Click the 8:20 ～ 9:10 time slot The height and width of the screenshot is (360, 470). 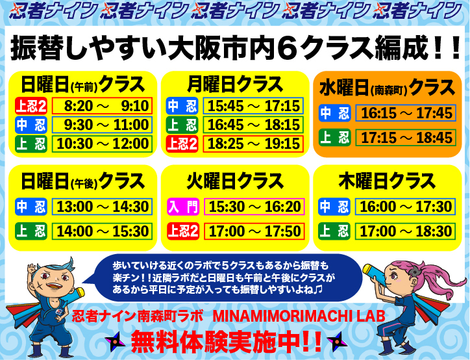[102, 106]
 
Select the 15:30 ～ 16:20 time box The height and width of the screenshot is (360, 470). [254, 207]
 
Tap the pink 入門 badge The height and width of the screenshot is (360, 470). [183, 207]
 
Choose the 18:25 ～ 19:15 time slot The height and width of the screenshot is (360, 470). [253, 144]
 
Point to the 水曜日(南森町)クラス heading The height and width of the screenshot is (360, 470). [387, 88]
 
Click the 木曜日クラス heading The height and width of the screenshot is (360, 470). [387, 181]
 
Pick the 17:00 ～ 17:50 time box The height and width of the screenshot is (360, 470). [254, 231]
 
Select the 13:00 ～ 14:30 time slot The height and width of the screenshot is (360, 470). [102, 207]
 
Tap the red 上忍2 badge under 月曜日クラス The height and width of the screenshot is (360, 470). [182, 144]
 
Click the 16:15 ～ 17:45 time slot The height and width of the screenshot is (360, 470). [406, 113]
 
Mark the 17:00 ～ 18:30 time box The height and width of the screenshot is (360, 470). [405, 231]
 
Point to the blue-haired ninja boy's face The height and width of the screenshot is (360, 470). [54, 281]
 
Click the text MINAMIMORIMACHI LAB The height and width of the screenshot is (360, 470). [299, 316]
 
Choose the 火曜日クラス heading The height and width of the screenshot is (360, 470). [235, 181]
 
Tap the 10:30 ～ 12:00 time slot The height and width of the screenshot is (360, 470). [102, 144]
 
